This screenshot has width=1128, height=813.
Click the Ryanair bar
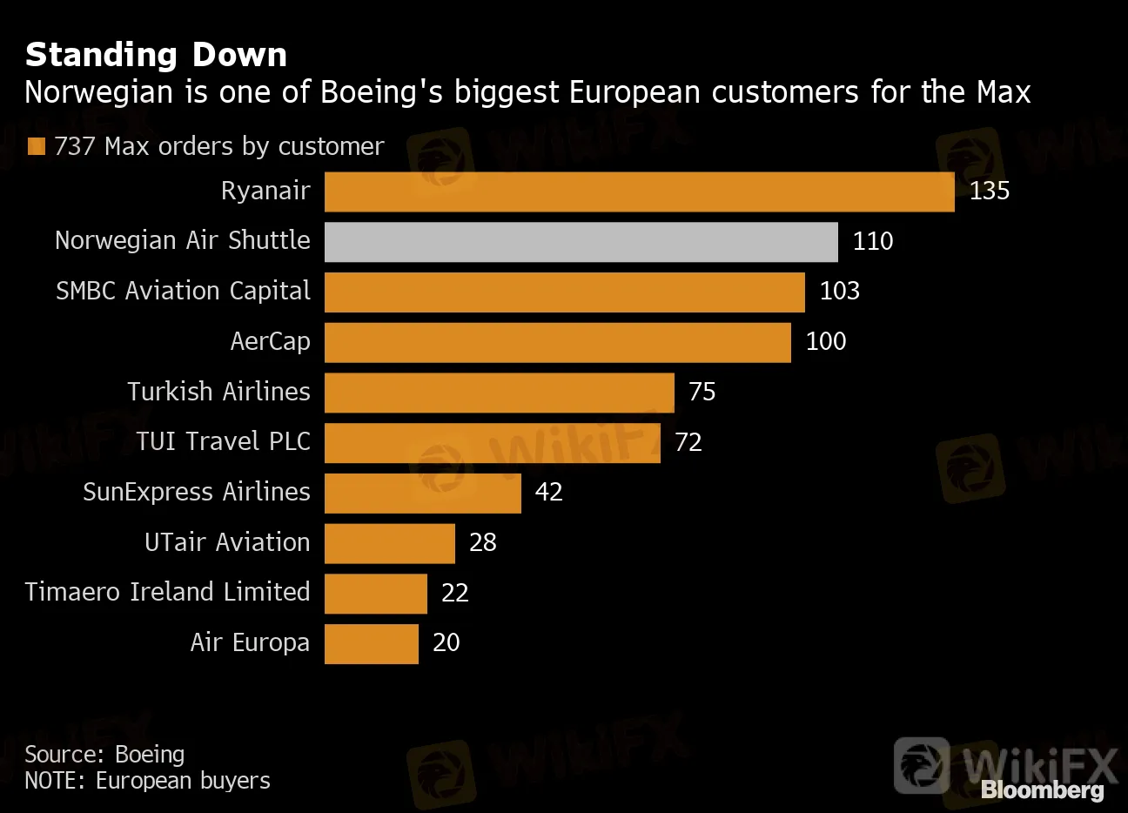point(640,191)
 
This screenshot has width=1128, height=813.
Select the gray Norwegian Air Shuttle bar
point(581,242)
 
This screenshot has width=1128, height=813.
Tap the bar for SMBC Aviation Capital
point(565,292)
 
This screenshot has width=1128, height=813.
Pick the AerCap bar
point(558,342)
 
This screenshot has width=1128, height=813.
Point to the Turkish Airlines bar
point(500,393)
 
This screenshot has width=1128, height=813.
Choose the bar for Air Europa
point(372,644)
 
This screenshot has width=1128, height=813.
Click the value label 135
point(990,191)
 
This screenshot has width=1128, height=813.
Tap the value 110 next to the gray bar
point(873,241)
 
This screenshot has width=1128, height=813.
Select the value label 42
point(548,493)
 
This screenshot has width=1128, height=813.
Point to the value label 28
point(482,543)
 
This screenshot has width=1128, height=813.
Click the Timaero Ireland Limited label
point(167,592)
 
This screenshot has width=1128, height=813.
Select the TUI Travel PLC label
point(223,441)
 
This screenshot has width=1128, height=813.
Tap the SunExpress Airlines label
point(196,492)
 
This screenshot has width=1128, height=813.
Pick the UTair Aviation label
point(227,542)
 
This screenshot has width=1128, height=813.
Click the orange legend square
point(36,146)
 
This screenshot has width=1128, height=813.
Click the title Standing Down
point(156,55)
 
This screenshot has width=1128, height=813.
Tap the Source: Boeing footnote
point(104,754)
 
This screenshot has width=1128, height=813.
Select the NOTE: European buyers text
point(147,781)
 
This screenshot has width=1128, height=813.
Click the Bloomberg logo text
point(1043,790)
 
